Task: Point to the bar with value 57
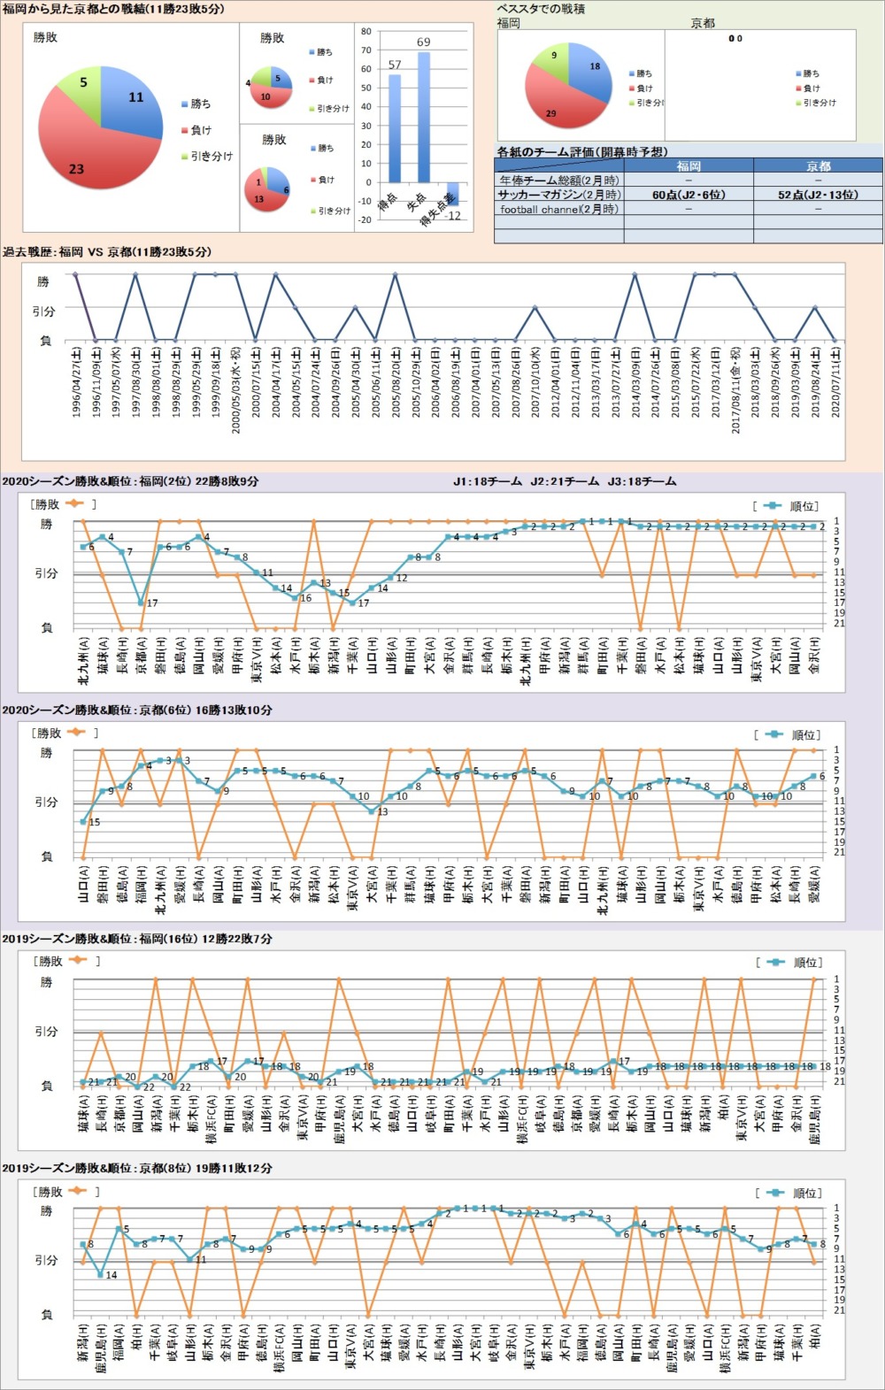[394, 128]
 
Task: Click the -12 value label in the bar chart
[454, 216]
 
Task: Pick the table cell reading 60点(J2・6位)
[689, 195]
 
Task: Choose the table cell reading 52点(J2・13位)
[818, 195]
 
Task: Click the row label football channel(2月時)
[558, 210]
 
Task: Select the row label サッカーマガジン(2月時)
[558, 195]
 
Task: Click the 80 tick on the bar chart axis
[366, 32]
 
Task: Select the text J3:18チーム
[642, 481]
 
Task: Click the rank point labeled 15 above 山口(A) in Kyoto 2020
[84, 821]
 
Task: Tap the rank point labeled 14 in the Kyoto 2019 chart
[100, 1275]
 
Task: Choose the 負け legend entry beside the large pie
[201, 130]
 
